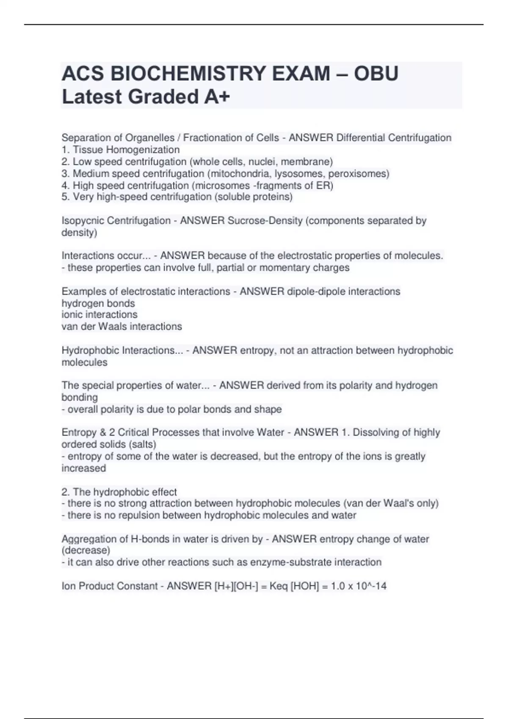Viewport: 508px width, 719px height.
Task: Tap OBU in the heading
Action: coord(376,74)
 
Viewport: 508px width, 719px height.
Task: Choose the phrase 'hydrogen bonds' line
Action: coord(98,303)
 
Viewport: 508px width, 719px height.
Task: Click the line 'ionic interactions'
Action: coord(99,315)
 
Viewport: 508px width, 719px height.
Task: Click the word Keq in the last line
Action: coord(279,586)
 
